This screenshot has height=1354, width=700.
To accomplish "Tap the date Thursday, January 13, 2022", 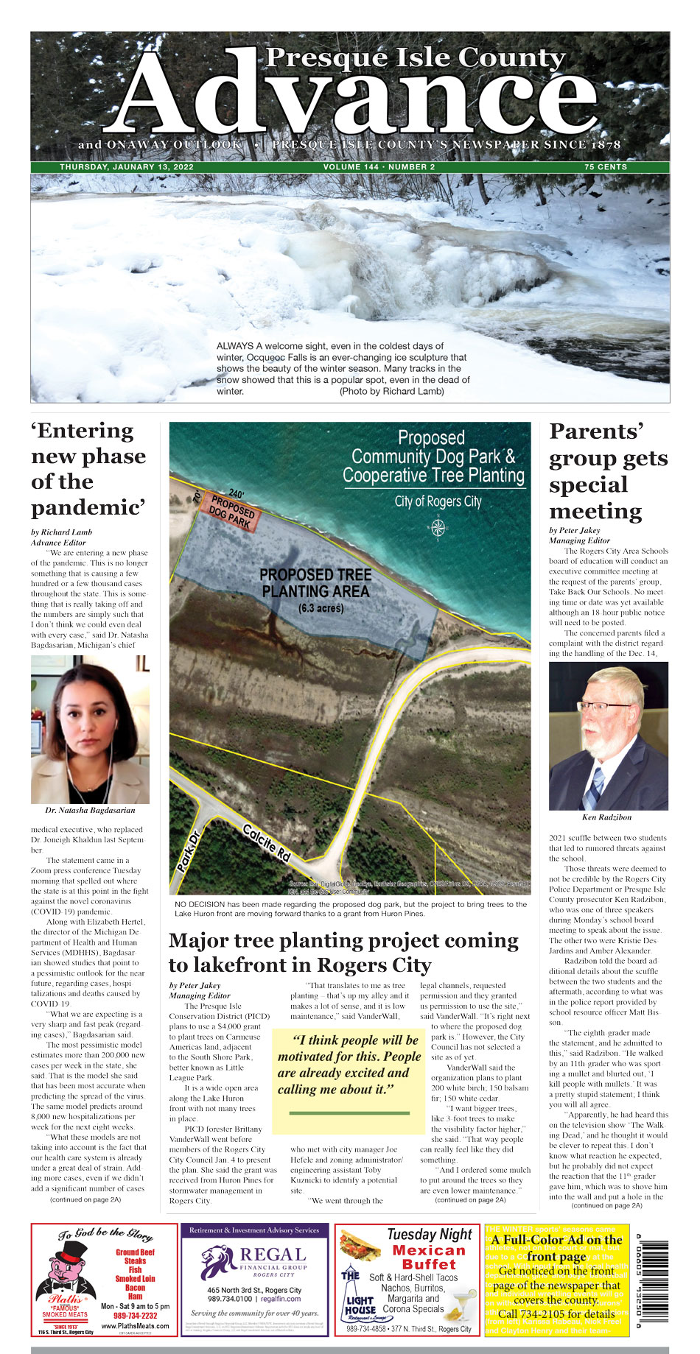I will tap(127, 167).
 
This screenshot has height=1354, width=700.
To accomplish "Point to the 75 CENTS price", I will tap(606, 167).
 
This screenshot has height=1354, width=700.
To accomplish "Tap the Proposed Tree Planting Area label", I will tap(315, 583).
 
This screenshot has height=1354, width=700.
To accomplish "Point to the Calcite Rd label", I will tap(267, 842).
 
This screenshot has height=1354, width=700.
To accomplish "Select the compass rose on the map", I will tap(438, 527).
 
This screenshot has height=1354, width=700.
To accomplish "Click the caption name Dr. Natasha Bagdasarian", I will tap(90, 811).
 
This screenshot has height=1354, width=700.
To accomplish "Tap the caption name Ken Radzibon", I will tap(608, 817).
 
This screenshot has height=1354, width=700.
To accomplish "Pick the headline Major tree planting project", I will tap(343, 953).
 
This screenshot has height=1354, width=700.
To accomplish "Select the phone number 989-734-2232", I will tap(136, 1316).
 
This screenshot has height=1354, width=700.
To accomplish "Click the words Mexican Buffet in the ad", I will tap(430, 1257).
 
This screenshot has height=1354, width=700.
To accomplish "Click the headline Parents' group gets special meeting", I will tap(608, 471).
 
